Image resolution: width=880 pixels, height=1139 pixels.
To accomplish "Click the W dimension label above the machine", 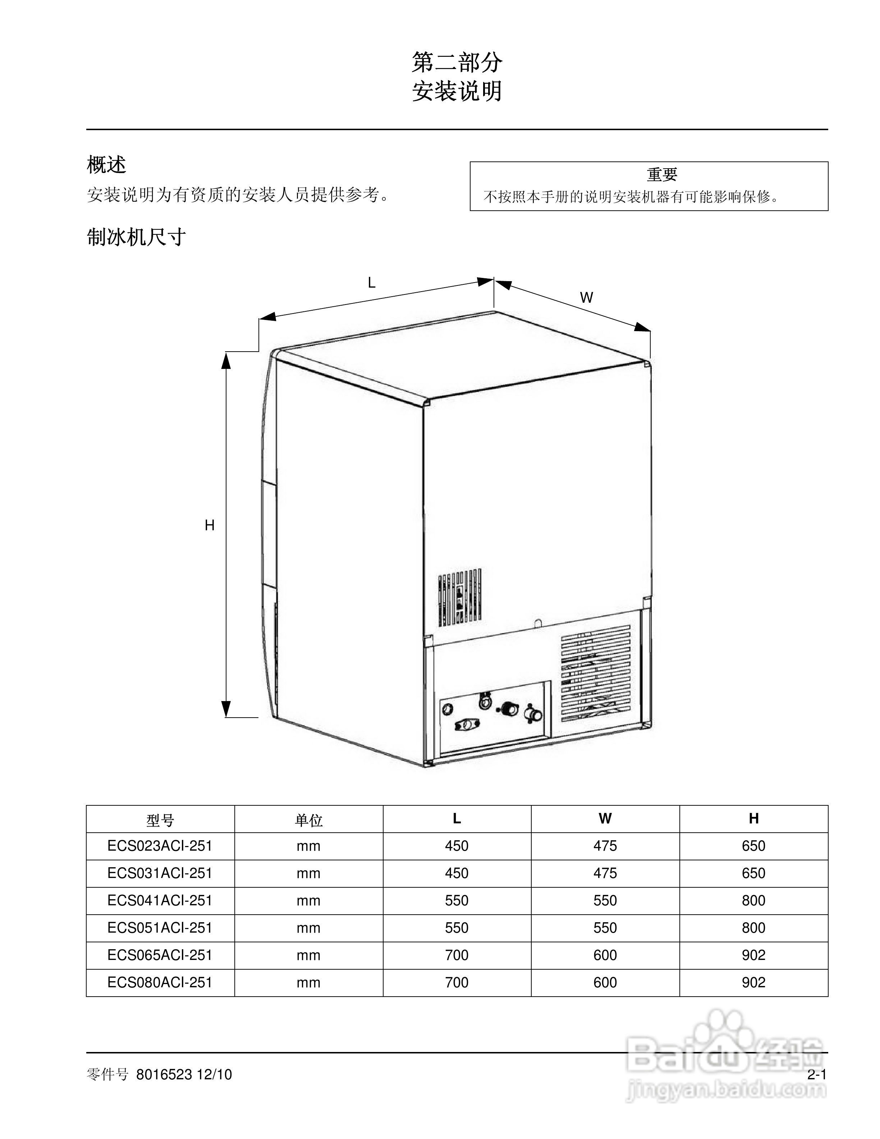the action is [x=587, y=298].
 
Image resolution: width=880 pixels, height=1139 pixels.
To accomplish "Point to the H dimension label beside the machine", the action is [x=210, y=526].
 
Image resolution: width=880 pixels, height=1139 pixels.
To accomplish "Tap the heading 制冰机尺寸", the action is [x=136, y=237].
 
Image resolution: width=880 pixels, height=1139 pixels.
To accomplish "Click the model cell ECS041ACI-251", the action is [x=160, y=901].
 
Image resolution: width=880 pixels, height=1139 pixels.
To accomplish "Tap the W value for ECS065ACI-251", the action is [x=605, y=955].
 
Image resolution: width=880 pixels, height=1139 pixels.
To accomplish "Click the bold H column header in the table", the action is [x=753, y=819].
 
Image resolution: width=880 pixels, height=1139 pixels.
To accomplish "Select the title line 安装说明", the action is [x=457, y=92].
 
